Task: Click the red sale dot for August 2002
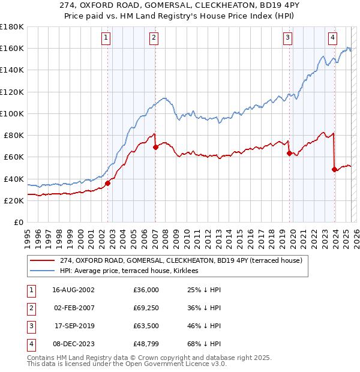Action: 108,183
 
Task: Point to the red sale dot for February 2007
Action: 155,147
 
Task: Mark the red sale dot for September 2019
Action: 289,153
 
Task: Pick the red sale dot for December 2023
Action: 334,169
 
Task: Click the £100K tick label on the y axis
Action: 11,113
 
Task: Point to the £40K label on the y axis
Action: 13,179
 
